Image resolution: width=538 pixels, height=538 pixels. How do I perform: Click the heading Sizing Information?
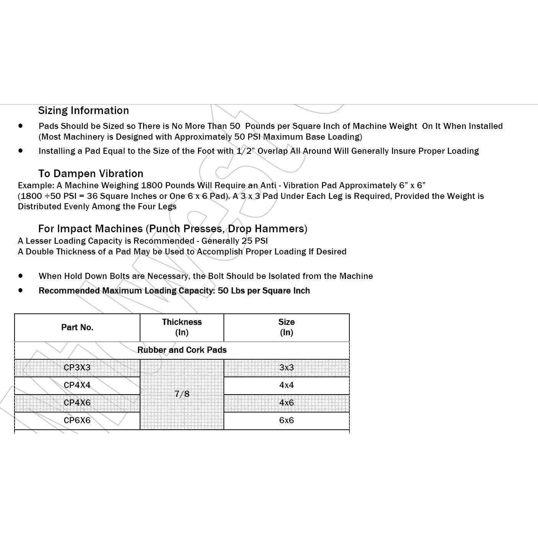coord(83,111)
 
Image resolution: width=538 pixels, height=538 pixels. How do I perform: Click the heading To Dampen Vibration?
coord(91,174)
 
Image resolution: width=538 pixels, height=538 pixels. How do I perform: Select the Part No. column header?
coord(77,328)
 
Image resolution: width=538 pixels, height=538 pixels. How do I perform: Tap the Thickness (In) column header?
coord(182,327)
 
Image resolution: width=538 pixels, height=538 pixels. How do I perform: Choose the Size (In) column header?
coord(286,327)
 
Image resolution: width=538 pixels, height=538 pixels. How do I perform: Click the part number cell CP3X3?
coord(77,368)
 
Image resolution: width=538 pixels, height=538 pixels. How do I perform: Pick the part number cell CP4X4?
coord(77,385)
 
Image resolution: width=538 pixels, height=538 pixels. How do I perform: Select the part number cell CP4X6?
coord(77,403)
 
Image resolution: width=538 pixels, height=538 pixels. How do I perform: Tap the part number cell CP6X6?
coord(77,421)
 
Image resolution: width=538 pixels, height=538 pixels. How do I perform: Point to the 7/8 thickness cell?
coord(182,394)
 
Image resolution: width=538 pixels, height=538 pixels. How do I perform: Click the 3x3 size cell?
coord(286,368)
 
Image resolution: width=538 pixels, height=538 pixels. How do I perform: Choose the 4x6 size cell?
coord(286,403)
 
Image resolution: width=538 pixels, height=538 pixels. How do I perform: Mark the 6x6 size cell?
coord(286,421)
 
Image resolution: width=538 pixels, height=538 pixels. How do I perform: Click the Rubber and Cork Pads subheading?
coord(182,350)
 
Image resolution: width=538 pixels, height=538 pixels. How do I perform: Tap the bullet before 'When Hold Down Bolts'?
coord(20,276)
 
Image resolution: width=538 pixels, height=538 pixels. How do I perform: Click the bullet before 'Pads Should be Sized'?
coord(20,126)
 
